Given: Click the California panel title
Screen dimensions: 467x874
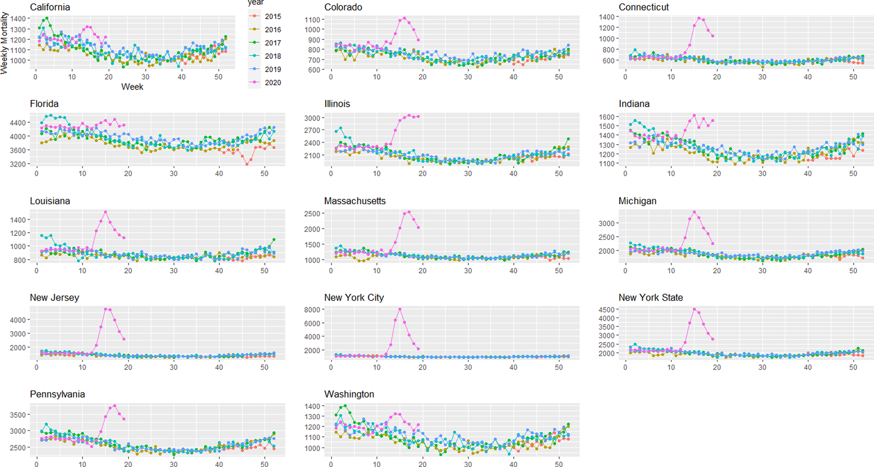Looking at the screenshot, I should click(x=50, y=7).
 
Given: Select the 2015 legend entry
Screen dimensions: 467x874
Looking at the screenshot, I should click(x=272, y=16).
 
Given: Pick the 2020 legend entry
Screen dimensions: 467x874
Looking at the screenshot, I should click(x=272, y=83).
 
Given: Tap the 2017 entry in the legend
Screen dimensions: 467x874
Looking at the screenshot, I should click(x=272, y=43).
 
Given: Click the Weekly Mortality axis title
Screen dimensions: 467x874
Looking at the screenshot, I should click(x=5, y=43).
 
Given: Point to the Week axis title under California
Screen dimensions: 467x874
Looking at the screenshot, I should click(x=132, y=87).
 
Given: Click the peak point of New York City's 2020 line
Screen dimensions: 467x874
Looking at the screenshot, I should click(x=400, y=309).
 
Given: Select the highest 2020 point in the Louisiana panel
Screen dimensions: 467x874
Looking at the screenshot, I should click(x=105, y=212).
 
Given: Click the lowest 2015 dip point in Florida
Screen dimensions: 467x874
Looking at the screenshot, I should click(x=246, y=164).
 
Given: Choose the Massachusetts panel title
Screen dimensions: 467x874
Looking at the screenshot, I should click(x=355, y=201).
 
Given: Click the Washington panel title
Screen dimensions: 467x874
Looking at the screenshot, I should click(x=349, y=394).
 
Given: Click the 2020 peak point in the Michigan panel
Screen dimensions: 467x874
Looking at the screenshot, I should click(x=694, y=212).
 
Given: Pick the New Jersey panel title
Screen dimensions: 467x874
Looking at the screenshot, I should click(x=55, y=298).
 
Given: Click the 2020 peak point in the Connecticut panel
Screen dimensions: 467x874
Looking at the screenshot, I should click(x=699, y=18).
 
